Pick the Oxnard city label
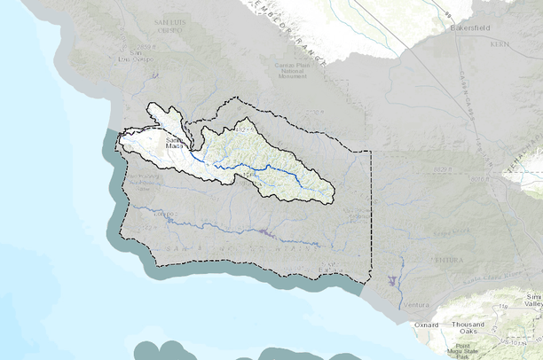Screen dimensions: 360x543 tap(426, 325)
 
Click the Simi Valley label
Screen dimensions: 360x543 tap(532, 300)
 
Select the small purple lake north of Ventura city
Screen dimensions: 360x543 tap(391, 280)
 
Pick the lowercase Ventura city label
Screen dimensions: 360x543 tap(416, 305)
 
